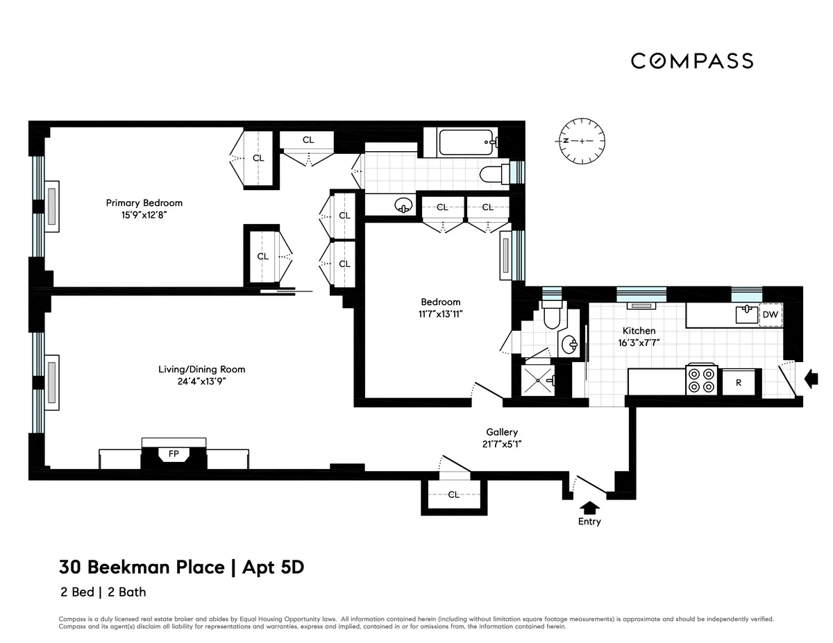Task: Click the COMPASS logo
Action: pyautogui.click(x=692, y=61)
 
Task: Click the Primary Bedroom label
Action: pyautogui.click(x=144, y=203)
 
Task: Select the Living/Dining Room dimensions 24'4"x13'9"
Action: pyautogui.click(x=202, y=381)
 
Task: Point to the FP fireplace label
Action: pyautogui.click(x=174, y=455)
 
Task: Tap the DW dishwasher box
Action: pyautogui.click(x=770, y=314)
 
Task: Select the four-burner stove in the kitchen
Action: pyautogui.click(x=701, y=380)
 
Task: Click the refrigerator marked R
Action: pyautogui.click(x=739, y=382)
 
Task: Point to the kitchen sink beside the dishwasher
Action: pyautogui.click(x=747, y=314)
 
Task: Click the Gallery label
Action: pyautogui.click(x=501, y=432)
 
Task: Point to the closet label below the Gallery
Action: pyautogui.click(x=453, y=495)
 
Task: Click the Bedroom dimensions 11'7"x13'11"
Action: pyautogui.click(x=441, y=314)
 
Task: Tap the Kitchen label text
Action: pyautogui.click(x=639, y=331)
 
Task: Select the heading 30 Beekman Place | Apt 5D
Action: pyautogui.click(x=182, y=567)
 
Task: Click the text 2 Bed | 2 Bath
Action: pyautogui.click(x=103, y=592)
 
